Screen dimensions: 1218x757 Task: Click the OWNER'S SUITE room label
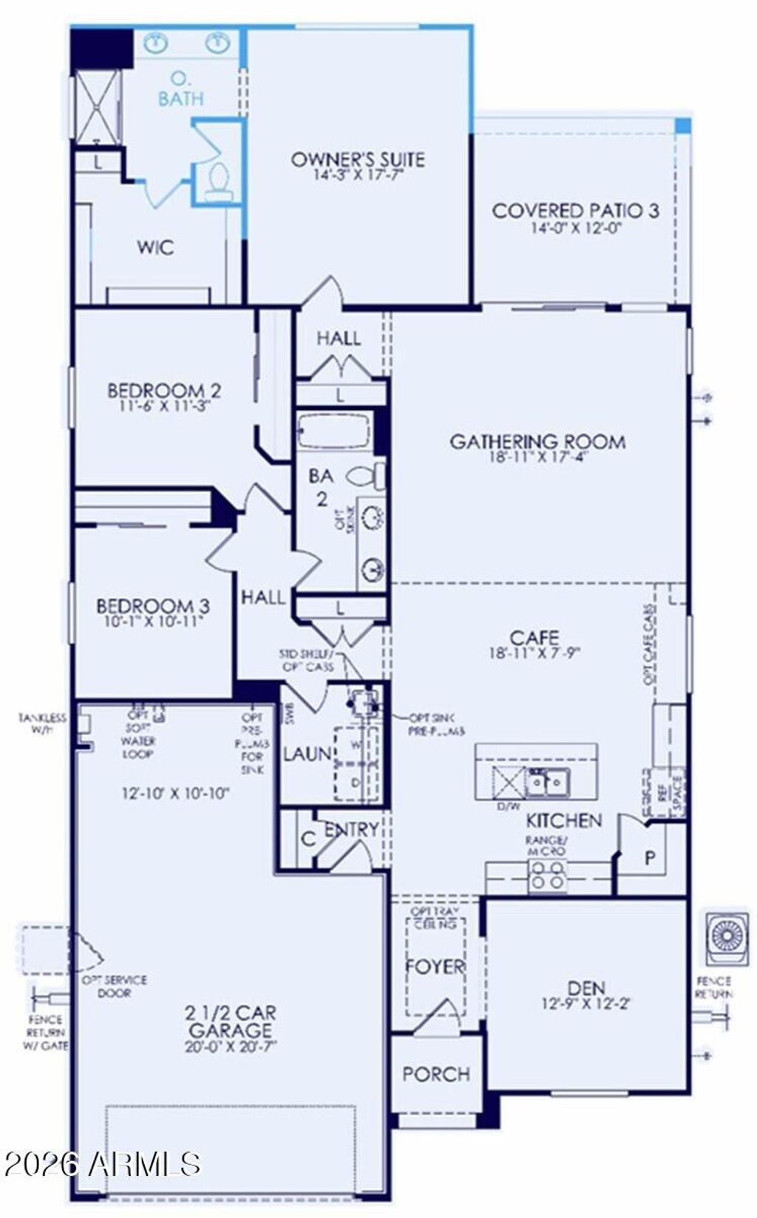[358, 159]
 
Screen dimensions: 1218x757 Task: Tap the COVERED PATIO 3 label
[575, 211]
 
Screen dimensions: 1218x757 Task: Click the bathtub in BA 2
[333, 430]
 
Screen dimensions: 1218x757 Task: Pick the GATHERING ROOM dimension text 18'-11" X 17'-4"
[537, 457]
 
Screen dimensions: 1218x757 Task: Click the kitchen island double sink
[547, 781]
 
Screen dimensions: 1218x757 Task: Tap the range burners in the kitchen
[548, 875]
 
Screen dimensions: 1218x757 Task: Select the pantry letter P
[651, 858]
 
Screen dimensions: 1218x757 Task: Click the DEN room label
[587, 988]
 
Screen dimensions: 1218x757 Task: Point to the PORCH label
[436, 1074]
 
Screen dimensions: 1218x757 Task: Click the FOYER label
[436, 966]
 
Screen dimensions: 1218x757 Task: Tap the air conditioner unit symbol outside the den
[724, 938]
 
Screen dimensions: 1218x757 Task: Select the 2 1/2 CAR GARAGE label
[230, 1021]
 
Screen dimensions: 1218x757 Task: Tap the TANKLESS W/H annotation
[43, 724]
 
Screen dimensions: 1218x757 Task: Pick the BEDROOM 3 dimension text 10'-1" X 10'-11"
[153, 621]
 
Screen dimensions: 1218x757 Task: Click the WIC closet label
[155, 247]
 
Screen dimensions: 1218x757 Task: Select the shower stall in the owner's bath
[98, 106]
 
